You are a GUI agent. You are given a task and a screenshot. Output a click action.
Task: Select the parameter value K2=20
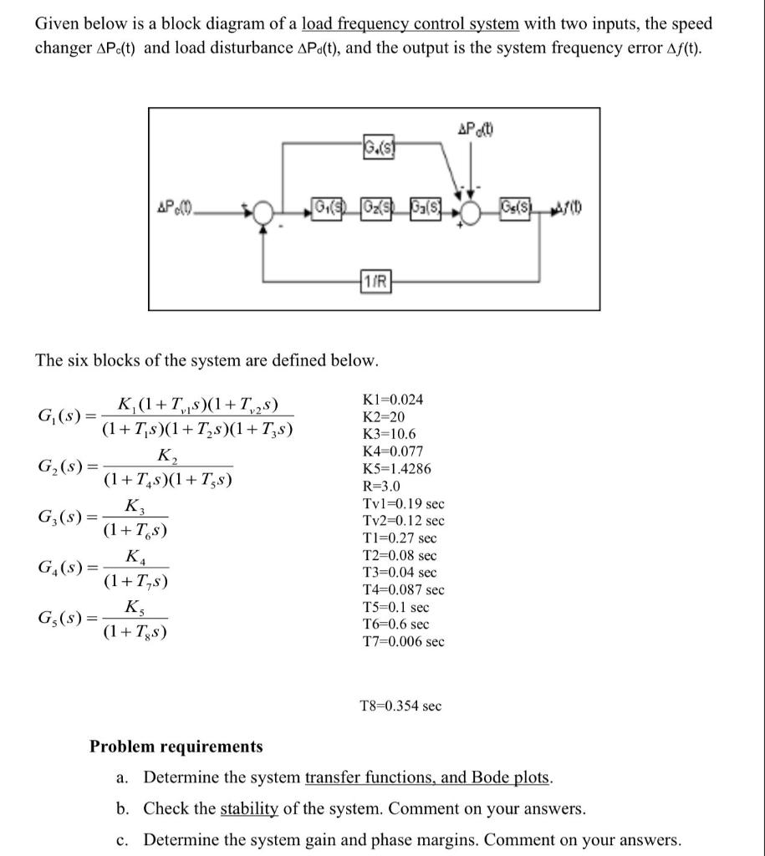click(384, 416)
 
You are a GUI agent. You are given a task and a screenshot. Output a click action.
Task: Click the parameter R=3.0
click(380, 486)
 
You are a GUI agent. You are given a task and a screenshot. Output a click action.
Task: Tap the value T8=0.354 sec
click(400, 706)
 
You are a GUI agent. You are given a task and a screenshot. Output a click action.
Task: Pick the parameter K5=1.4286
click(396, 468)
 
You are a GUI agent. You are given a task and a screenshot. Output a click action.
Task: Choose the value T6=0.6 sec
click(395, 624)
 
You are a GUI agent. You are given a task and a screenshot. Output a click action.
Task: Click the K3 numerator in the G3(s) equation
click(133, 505)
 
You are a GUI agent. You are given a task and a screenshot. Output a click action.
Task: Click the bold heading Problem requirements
click(176, 746)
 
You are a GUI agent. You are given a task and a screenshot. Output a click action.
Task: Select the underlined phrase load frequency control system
click(410, 24)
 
